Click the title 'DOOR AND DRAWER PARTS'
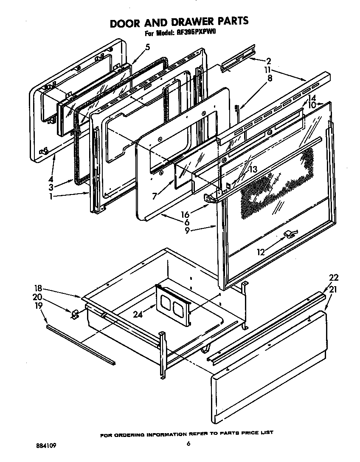[x=179, y=22]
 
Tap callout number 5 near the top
[x=147, y=48]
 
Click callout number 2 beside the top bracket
[x=268, y=61]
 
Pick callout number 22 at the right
[x=334, y=278]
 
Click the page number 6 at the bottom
[x=188, y=445]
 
